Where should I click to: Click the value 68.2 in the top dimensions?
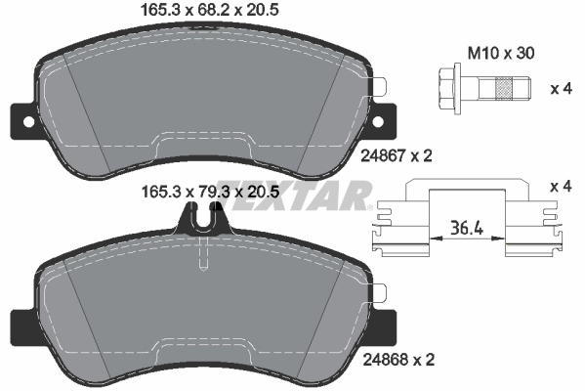[212, 12]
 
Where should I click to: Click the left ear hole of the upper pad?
[21, 122]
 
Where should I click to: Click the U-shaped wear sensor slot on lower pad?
[202, 225]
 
